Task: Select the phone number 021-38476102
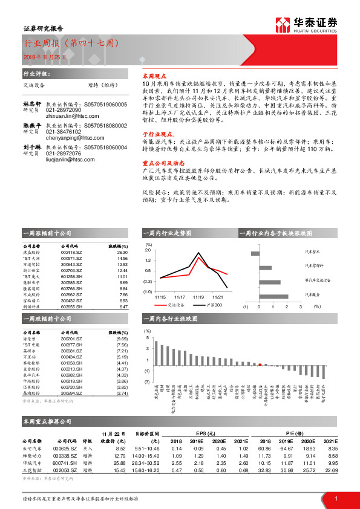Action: point(64,131)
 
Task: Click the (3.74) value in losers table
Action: point(122,393)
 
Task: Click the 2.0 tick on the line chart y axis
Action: point(148,249)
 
